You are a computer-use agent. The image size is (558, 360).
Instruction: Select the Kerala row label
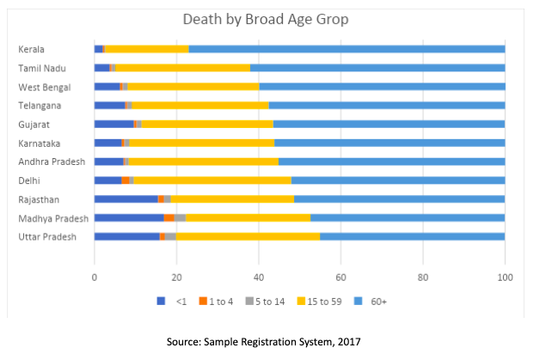pos(32,50)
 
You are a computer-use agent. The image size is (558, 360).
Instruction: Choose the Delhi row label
pos(29,180)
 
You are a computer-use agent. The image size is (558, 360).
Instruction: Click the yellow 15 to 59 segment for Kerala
pos(147,50)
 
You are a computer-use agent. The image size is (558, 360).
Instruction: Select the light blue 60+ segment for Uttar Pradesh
pos(412,236)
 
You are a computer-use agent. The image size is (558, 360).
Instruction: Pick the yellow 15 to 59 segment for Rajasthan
pos(232,199)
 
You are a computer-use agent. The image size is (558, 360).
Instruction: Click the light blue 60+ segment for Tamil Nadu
pos(377,68)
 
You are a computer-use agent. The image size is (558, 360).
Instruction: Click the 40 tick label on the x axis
pos(259,277)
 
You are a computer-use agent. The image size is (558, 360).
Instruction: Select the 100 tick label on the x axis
pos(505,277)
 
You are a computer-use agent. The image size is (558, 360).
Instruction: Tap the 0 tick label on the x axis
pos(95,277)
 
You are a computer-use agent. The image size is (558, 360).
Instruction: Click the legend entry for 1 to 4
pos(214,301)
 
